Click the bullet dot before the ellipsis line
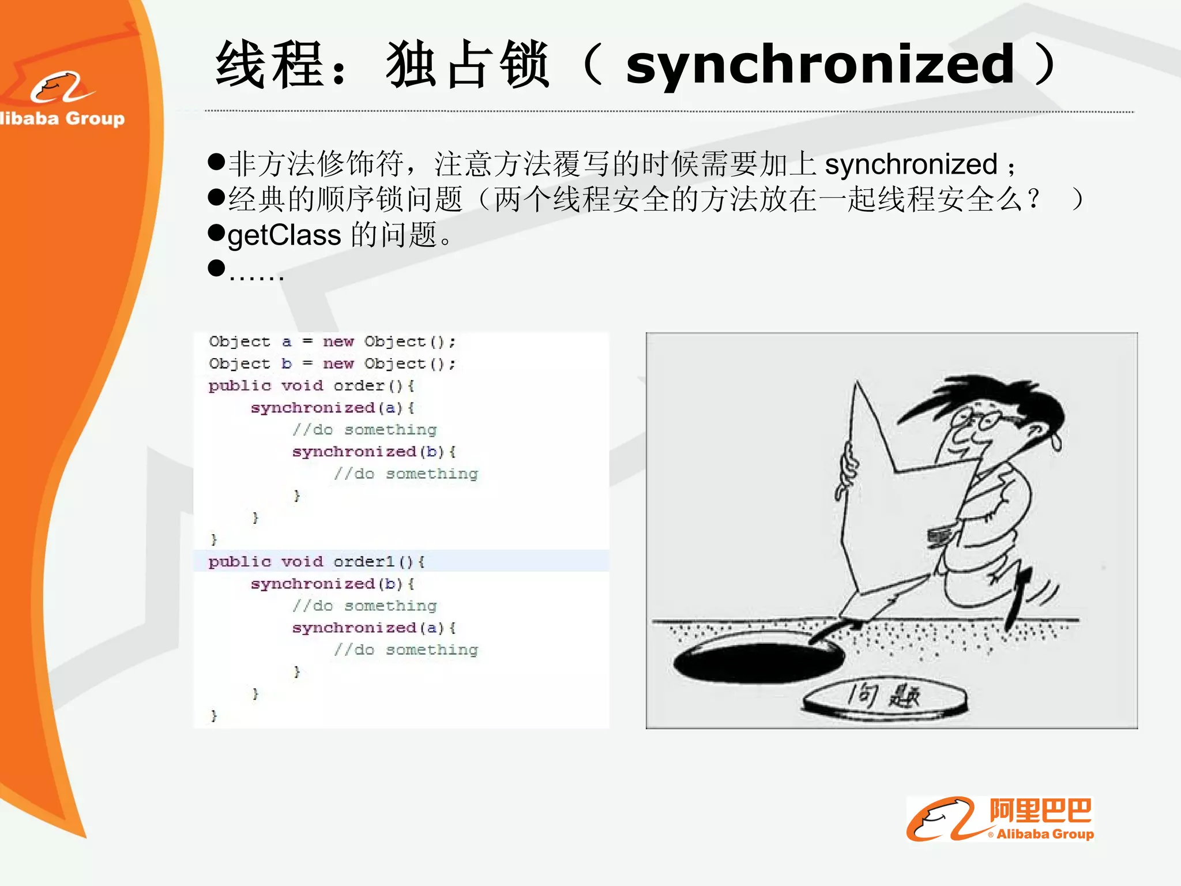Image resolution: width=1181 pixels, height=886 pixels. [x=216, y=268]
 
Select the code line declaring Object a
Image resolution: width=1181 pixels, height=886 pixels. [x=332, y=342]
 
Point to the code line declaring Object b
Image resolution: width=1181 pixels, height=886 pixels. [x=332, y=364]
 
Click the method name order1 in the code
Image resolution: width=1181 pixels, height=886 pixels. [x=364, y=562]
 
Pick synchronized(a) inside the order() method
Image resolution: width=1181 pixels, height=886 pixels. [x=332, y=408]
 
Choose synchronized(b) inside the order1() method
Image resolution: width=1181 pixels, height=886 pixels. [x=332, y=584]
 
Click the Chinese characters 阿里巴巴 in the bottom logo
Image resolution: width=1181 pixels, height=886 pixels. [x=1040, y=810]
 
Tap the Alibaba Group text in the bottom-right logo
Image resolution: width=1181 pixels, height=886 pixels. [x=1045, y=834]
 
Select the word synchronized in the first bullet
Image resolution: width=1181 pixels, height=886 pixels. [x=911, y=164]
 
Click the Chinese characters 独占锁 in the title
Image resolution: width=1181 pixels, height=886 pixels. [x=467, y=65]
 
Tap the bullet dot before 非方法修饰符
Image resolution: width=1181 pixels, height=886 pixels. [x=216, y=162]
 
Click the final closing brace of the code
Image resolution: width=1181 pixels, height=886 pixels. [x=214, y=716]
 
